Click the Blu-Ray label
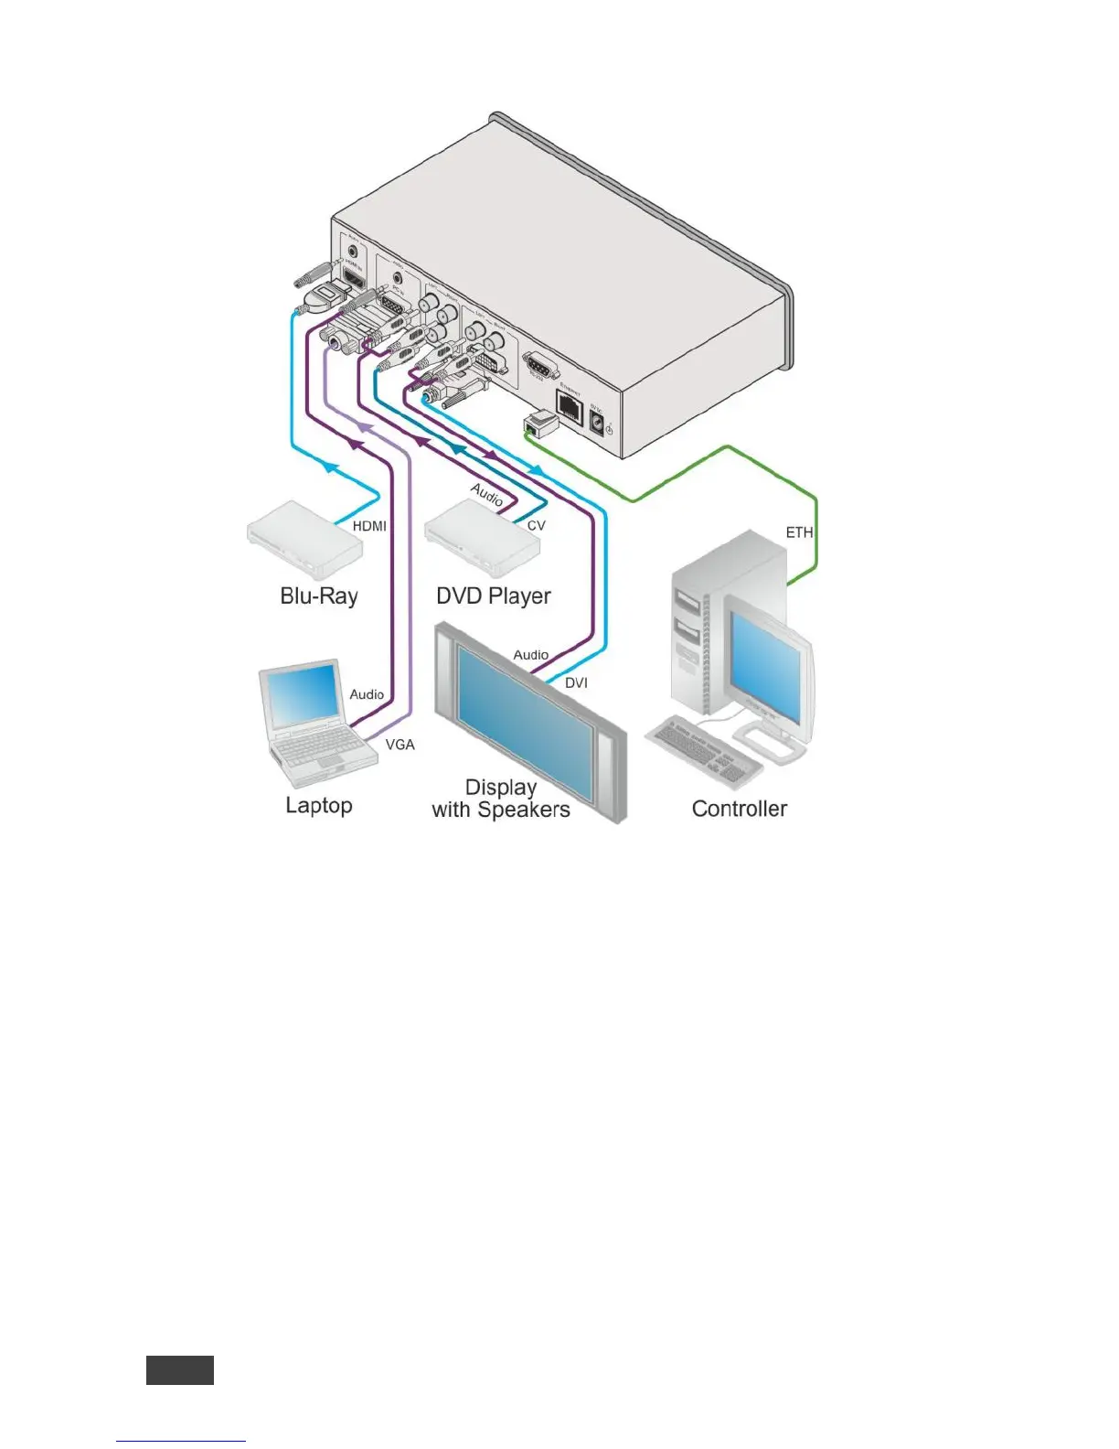pyautogui.click(x=318, y=596)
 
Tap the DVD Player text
pyautogui.click(x=493, y=596)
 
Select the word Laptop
pyautogui.click(x=318, y=805)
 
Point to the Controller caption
pyautogui.click(x=739, y=809)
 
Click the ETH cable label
pyautogui.click(x=798, y=532)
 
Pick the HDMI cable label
pyautogui.click(x=369, y=526)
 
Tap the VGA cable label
pyautogui.click(x=400, y=745)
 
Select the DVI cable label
pyautogui.click(x=576, y=683)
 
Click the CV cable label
pyautogui.click(x=536, y=526)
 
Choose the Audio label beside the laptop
pyautogui.click(x=367, y=694)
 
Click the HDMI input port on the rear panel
pyautogui.click(x=352, y=271)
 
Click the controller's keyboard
pyautogui.click(x=704, y=750)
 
